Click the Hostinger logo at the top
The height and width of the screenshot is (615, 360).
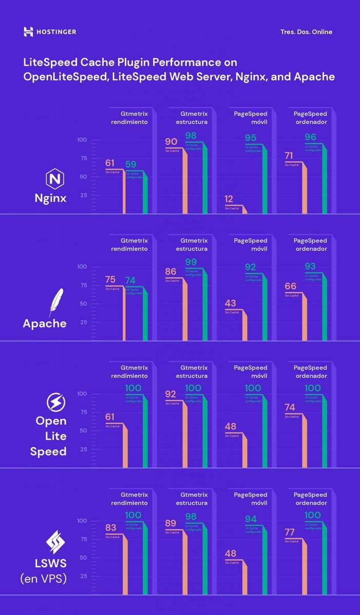[x=50, y=32]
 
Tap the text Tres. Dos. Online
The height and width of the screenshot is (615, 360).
[x=306, y=32]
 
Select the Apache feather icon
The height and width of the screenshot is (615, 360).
[x=55, y=302]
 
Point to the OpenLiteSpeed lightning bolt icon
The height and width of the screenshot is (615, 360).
[x=54, y=402]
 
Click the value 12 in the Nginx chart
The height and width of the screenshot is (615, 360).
[x=229, y=199]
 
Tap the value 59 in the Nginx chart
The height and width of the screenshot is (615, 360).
[x=131, y=165]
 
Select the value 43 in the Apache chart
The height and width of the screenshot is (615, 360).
[x=230, y=303]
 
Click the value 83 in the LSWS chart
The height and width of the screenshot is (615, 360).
[x=110, y=527]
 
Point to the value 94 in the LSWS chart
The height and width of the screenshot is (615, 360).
[x=251, y=519]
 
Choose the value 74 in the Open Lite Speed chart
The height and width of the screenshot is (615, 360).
[x=290, y=407]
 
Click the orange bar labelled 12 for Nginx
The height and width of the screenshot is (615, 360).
[x=245, y=210]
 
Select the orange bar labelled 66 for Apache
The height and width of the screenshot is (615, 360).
[x=304, y=318]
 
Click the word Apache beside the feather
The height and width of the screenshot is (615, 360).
[x=45, y=323]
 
